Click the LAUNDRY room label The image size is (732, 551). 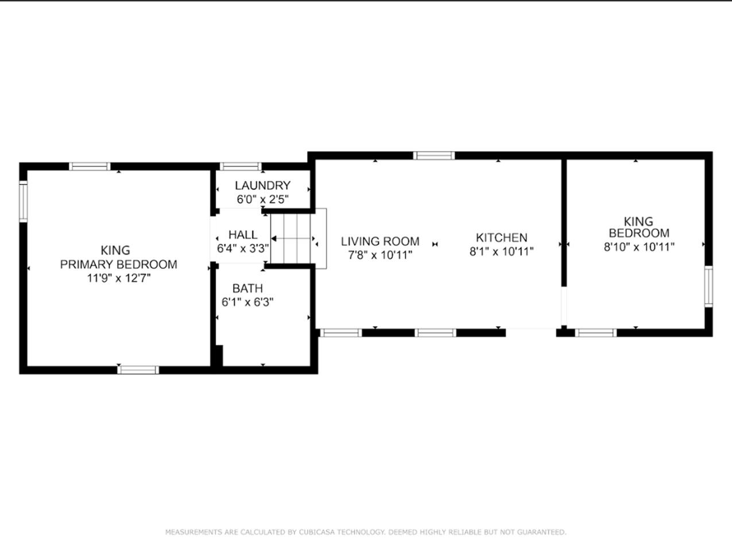(x=262, y=185)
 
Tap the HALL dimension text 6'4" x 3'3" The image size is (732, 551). (x=243, y=249)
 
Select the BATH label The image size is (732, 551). (x=247, y=288)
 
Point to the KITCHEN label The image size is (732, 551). (x=502, y=238)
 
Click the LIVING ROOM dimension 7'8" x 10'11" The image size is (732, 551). (x=380, y=255)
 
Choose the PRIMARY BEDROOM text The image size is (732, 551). (x=118, y=265)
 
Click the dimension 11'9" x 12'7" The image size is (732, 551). (x=119, y=278)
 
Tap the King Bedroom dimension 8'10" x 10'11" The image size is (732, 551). (x=639, y=247)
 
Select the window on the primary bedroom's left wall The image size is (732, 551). (x=23, y=201)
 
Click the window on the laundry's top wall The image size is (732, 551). (x=241, y=166)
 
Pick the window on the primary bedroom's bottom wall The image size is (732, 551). (x=138, y=370)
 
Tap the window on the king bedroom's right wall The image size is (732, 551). (x=708, y=286)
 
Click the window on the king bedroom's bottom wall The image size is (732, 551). (x=595, y=333)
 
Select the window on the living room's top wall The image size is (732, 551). (x=434, y=156)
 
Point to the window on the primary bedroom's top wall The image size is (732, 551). (x=90, y=166)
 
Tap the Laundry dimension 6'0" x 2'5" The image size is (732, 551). (x=262, y=199)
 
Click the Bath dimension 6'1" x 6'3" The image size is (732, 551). (x=247, y=302)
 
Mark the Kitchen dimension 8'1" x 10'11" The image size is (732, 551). (x=502, y=251)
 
